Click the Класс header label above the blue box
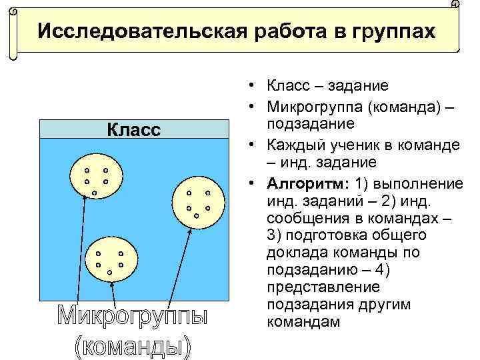pos(134,129)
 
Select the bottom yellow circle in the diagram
pos(110,261)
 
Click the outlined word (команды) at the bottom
pos(132,347)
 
